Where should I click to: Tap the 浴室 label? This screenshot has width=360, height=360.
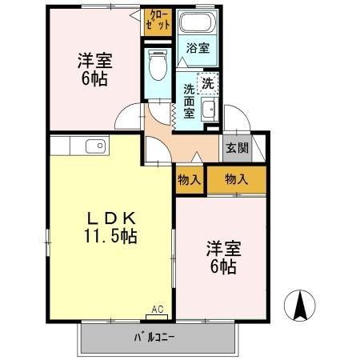coord(198,48)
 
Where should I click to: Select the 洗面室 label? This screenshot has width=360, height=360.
coord(190,100)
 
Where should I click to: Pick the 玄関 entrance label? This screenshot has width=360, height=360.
coord(236,147)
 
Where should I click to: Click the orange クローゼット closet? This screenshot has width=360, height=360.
coord(158,20)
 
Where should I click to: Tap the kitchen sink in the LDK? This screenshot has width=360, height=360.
coord(94,146)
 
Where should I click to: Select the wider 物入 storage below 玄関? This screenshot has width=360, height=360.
coord(236,179)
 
